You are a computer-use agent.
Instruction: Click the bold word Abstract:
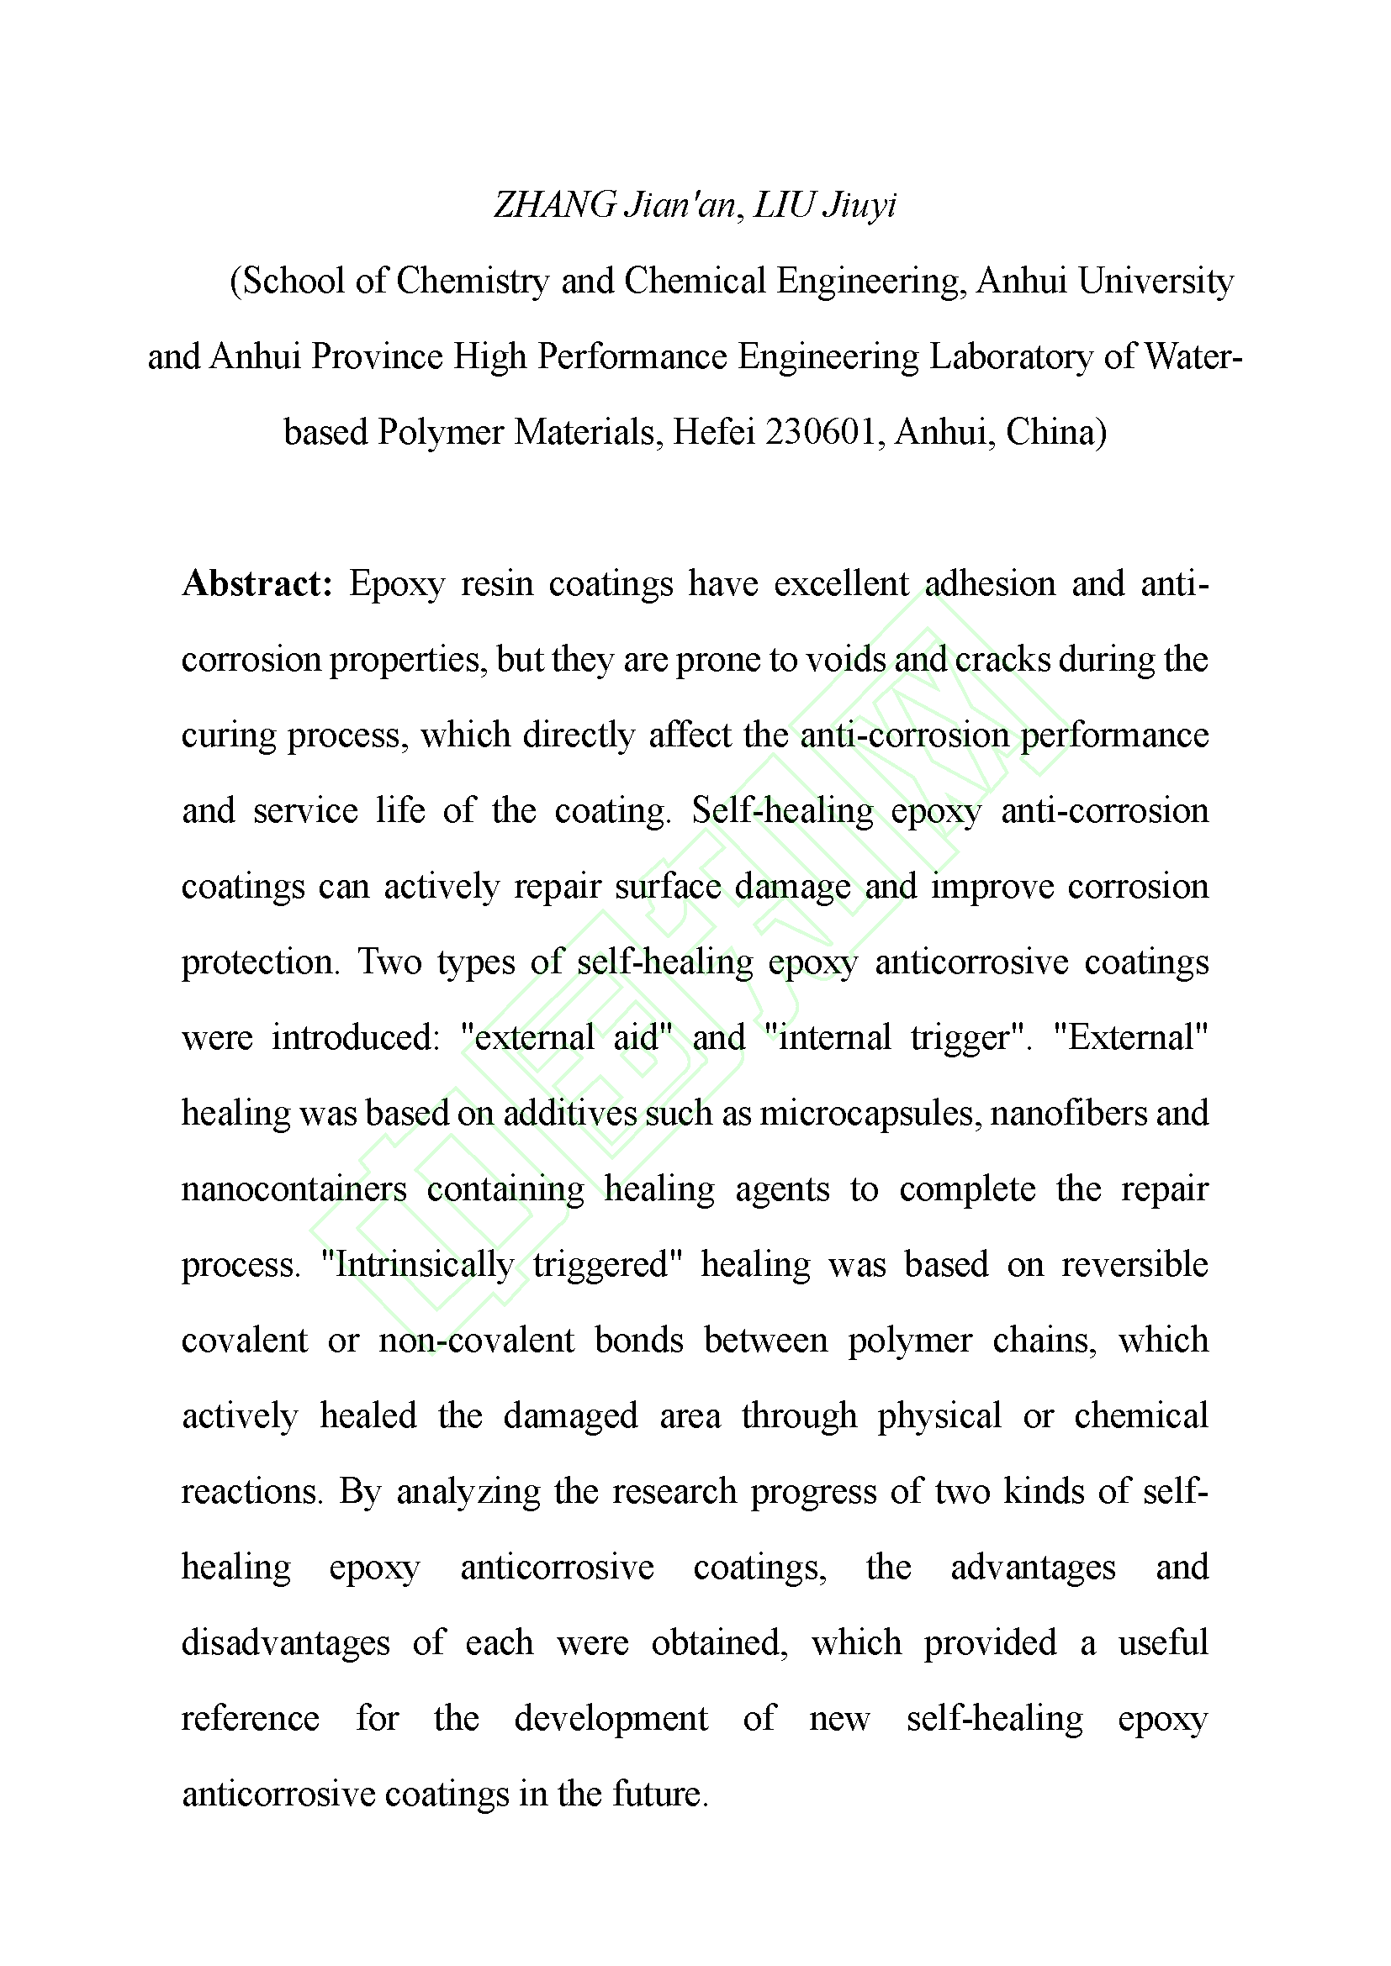tap(257, 584)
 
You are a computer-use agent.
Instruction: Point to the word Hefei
tap(713, 431)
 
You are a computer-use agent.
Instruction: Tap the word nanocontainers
tap(294, 1189)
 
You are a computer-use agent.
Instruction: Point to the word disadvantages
tap(285, 1643)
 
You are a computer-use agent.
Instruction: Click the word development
tap(611, 1719)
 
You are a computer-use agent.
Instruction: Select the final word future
tap(660, 1794)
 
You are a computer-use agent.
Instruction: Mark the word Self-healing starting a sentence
tap(782, 811)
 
